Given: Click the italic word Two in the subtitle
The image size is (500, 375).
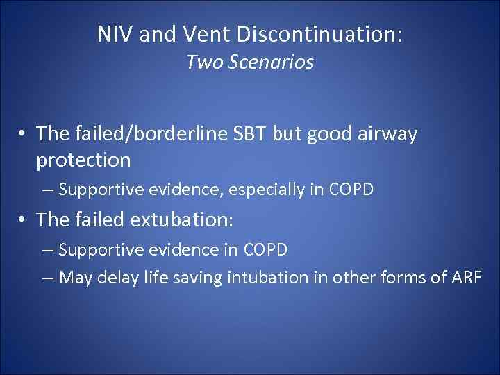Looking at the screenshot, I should click(203, 62).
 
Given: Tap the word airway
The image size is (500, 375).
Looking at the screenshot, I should click(387, 134).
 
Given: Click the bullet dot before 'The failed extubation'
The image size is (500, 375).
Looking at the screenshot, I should click(24, 220).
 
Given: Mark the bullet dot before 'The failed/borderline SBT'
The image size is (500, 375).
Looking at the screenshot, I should click(24, 135).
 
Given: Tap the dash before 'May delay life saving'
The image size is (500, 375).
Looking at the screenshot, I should click(47, 278).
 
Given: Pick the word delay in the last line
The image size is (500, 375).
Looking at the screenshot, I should click(122, 278).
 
